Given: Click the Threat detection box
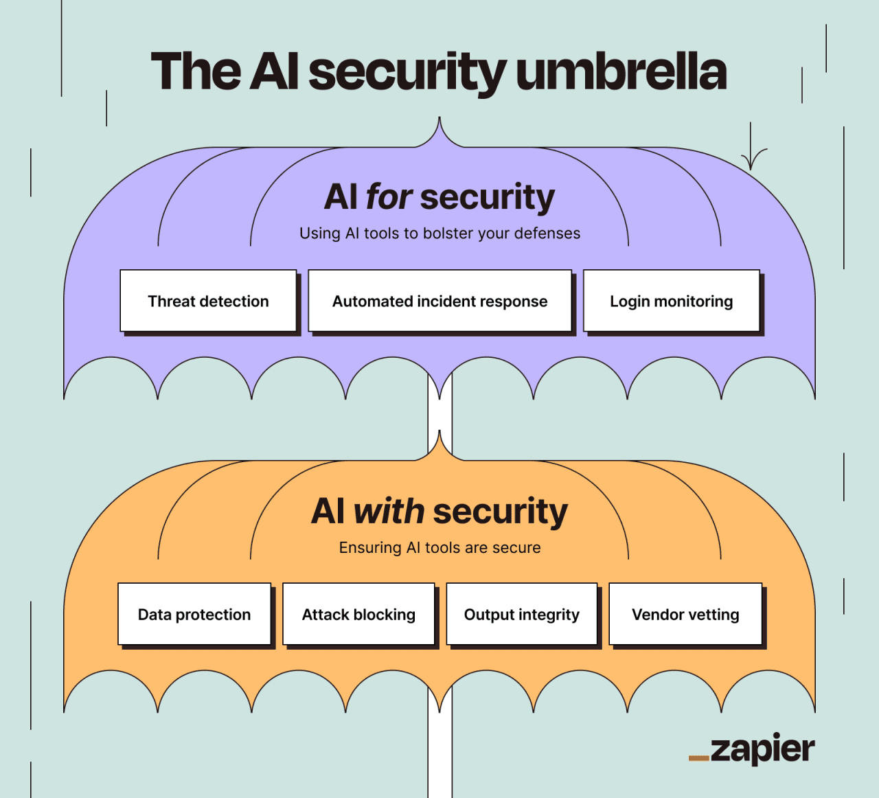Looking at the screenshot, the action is click(208, 301).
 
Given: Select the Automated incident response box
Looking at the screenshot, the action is click(439, 301).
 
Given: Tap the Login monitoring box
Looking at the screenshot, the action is click(671, 301).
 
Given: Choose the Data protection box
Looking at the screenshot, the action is click(194, 615).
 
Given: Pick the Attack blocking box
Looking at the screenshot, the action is click(358, 615).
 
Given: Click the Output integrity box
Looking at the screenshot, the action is click(522, 615).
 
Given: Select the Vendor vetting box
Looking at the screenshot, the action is click(685, 615).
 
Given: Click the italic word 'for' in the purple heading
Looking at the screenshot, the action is click(389, 197).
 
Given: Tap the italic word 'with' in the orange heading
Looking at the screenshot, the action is click(389, 512).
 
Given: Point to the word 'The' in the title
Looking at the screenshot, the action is click(196, 71).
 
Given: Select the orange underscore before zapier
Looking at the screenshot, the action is click(698, 758).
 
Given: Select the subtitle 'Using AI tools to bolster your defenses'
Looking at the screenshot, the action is click(439, 233).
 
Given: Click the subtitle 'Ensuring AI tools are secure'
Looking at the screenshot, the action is click(439, 548).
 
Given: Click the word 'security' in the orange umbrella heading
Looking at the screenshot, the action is click(500, 512).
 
